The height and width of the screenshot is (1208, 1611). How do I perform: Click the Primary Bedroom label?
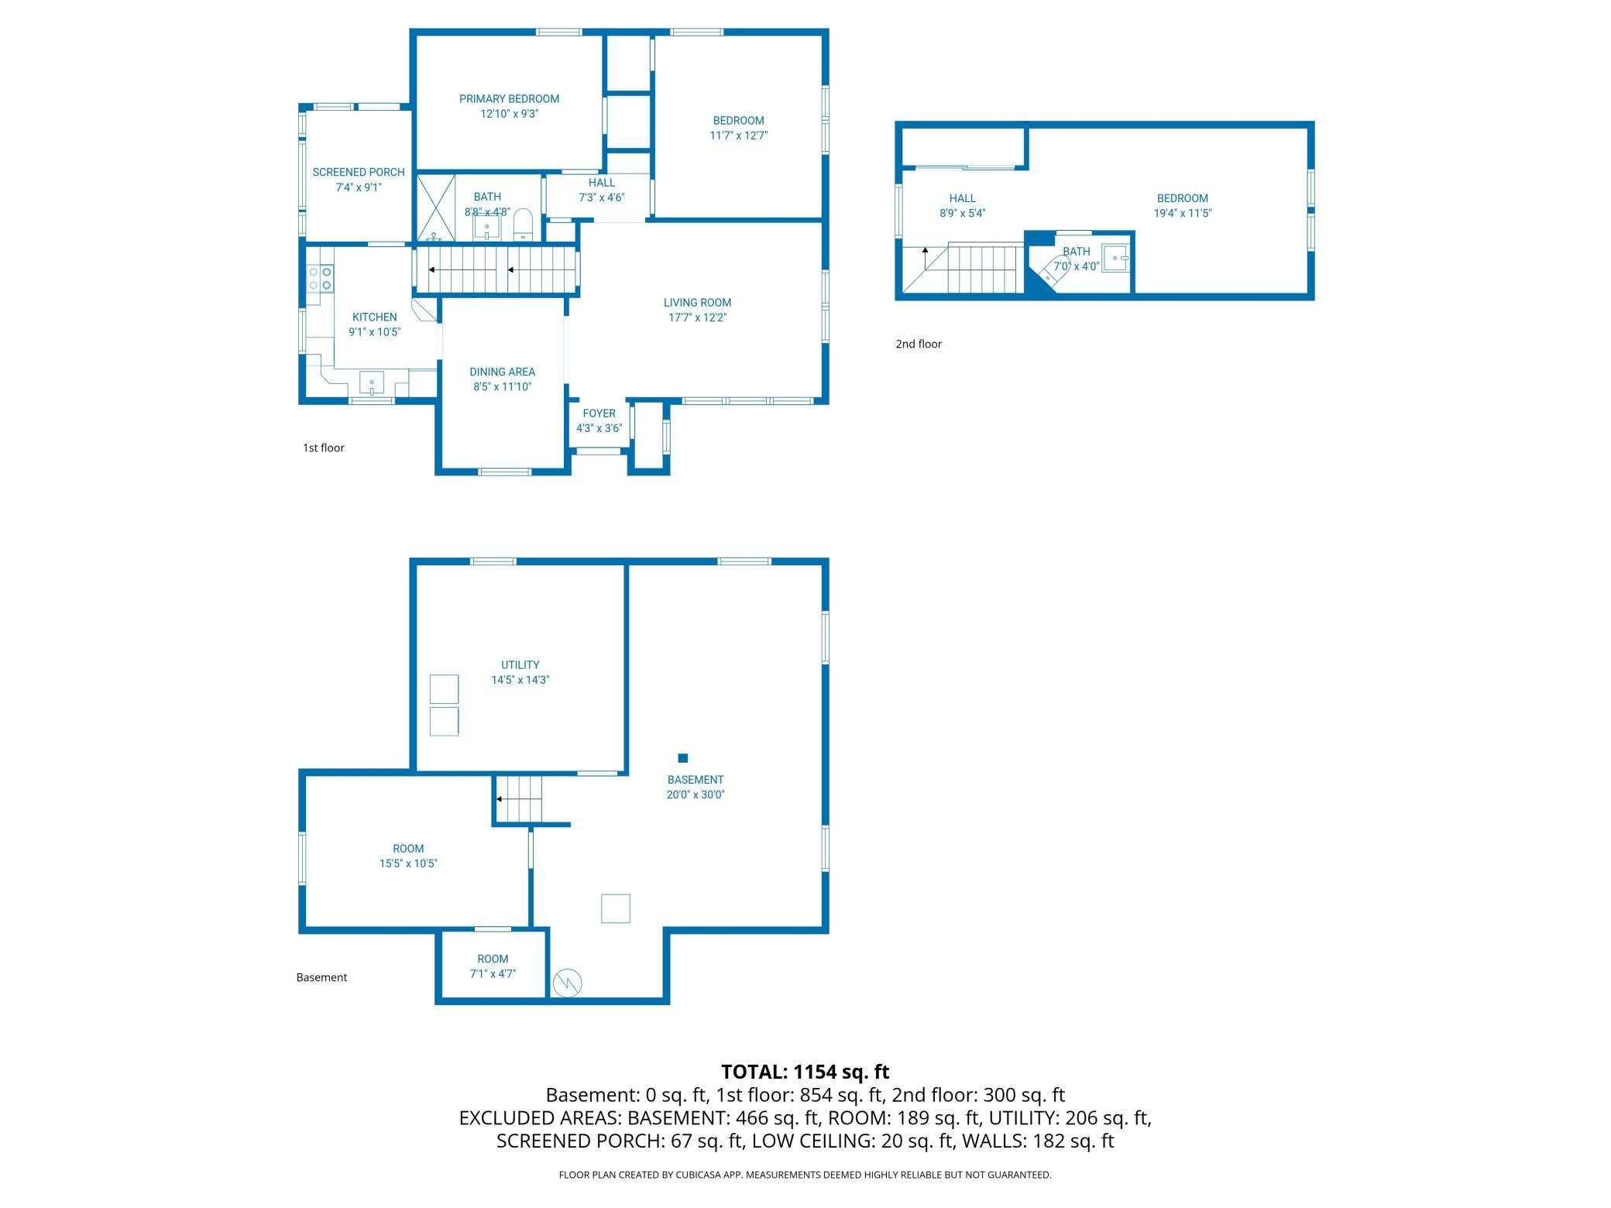point(509,99)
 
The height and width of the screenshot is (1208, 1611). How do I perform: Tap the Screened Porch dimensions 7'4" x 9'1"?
point(359,187)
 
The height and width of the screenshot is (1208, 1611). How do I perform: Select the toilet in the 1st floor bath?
point(524,225)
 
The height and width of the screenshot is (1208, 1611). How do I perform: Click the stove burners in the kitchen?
point(320,279)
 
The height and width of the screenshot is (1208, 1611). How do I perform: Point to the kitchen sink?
point(372,383)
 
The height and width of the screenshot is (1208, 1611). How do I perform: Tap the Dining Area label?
point(502,372)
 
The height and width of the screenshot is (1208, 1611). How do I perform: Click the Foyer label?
point(599,414)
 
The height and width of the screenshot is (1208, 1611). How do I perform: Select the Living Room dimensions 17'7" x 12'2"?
point(697,317)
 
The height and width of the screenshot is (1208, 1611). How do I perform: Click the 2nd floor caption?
point(919,344)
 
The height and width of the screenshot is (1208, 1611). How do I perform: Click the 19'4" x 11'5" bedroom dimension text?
point(1183,214)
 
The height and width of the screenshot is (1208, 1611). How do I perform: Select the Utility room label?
point(520,665)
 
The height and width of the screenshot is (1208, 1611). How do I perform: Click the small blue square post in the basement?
point(682,758)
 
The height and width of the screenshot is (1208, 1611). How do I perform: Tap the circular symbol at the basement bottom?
point(567,983)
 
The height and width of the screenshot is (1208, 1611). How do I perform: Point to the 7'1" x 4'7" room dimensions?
point(493,974)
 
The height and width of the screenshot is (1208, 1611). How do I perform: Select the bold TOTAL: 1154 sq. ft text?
point(805,1072)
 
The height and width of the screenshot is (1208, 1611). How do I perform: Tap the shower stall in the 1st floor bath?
point(436,208)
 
